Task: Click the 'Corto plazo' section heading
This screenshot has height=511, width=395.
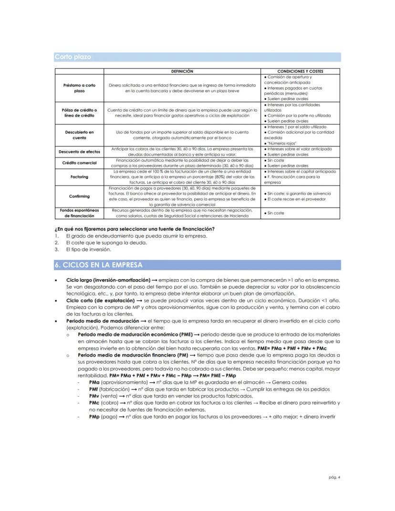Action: point(73,57)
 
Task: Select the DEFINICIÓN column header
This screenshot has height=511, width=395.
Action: point(182,72)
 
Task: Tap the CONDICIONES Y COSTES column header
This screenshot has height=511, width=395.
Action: point(300,72)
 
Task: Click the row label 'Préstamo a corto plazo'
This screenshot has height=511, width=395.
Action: point(79,88)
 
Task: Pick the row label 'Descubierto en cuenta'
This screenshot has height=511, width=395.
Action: point(79,135)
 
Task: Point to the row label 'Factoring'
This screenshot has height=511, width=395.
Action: point(79,177)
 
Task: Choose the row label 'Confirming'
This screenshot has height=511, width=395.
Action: point(79,196)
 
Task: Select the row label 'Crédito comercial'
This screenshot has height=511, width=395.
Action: point(79,163)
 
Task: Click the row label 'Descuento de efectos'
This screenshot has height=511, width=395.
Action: point(79,152)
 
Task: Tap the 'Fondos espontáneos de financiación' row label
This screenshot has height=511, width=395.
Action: point(79,213)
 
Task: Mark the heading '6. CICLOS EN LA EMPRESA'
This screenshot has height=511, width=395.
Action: point(103,265)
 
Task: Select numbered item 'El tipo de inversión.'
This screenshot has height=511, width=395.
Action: point(88,249)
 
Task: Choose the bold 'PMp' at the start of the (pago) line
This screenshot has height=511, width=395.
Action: point(94,416)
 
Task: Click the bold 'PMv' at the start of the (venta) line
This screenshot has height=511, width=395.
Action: point(94,396)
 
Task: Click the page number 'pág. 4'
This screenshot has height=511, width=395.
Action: point(334,476)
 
